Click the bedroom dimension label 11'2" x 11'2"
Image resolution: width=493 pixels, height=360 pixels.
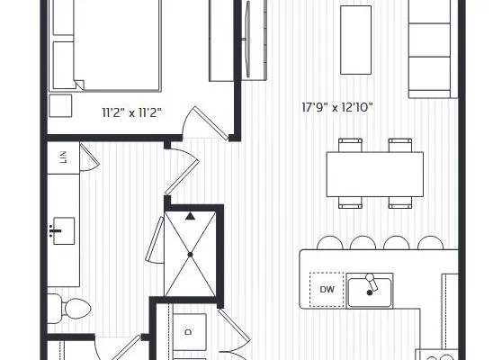131,112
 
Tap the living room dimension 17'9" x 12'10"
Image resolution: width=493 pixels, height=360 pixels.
337,107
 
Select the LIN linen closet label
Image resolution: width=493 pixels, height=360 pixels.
64,157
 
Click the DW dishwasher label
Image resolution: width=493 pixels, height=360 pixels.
327,290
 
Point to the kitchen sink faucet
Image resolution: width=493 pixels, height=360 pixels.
371,282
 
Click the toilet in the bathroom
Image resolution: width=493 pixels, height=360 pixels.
70,309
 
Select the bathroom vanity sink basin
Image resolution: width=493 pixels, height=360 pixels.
64,230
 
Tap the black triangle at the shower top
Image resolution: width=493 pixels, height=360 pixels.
190,216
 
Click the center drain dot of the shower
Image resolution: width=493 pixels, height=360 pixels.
190,255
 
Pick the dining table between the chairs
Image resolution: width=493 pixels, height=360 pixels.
375,175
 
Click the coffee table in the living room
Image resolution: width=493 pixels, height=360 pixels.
355,40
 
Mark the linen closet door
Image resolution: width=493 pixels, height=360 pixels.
90,157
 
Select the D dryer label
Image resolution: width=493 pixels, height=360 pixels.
188,332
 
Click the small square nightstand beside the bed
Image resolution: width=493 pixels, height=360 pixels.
60,105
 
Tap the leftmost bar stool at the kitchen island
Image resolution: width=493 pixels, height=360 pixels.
329,243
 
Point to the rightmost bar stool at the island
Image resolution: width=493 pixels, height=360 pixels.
430,243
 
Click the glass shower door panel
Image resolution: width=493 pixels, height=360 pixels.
155,239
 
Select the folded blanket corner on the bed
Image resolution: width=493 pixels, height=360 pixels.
79,85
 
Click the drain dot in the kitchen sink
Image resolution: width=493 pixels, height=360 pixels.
370,292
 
